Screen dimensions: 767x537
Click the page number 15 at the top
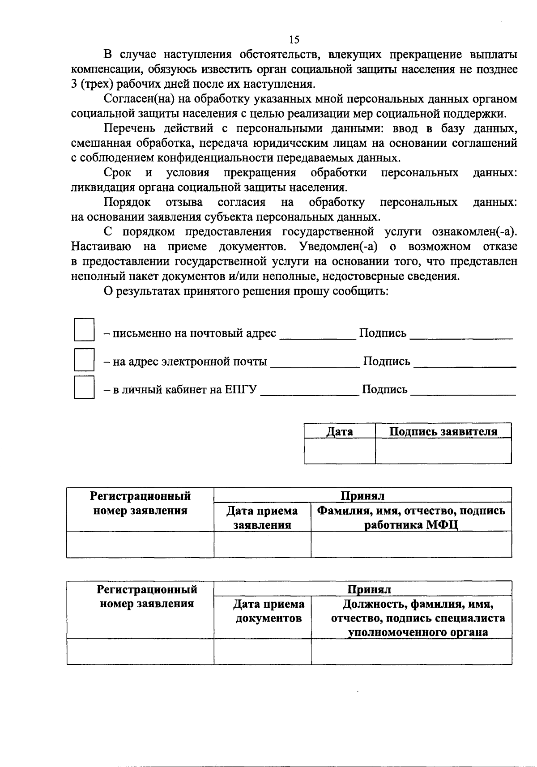click(294, 40)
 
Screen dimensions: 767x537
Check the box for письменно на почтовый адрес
click(84, 330)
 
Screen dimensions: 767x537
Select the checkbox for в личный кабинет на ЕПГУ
click(84, 388)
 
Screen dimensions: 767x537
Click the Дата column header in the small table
click(339, 431)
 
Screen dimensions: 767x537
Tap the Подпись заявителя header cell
click(443, 431)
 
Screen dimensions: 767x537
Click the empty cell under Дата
click(339, 451)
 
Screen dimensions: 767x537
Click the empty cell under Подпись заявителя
click(443, 451)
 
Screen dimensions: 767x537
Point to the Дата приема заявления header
click(262, 518)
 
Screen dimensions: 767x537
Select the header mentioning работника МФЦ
click(411, 518)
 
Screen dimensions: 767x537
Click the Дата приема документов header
click(268, 611)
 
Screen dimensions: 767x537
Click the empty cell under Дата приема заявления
click(262, 545)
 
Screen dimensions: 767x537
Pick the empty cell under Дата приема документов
click(262, 651)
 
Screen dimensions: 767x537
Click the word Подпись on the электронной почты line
click(386, 362)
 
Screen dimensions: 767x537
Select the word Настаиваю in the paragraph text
click(101, 247)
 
